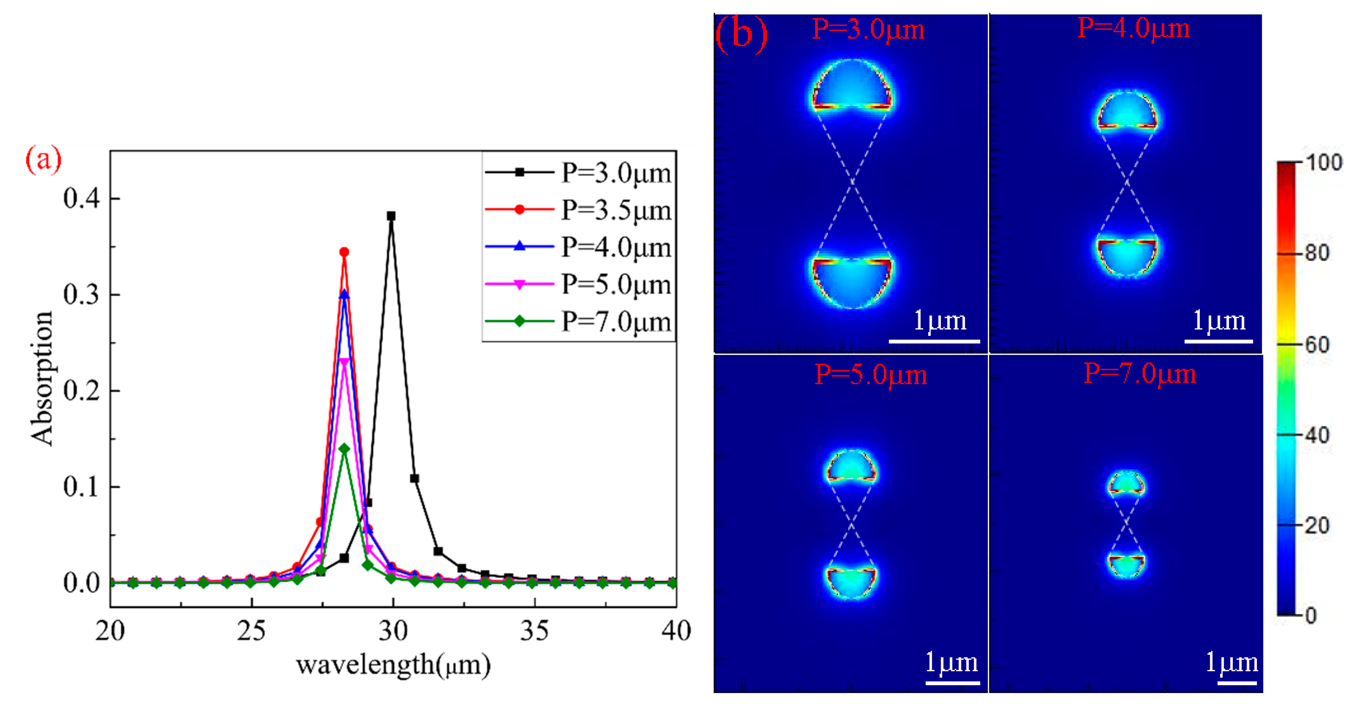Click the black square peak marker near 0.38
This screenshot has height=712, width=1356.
(391, 216)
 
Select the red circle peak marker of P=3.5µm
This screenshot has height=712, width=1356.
(344, 252)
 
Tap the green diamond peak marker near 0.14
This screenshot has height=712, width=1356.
(344, 448)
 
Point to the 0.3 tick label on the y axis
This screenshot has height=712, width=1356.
(81, 295)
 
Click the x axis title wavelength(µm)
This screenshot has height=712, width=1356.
(393, 665)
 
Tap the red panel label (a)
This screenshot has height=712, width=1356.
(43, 158)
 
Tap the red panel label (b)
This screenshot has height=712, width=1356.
(741, 34)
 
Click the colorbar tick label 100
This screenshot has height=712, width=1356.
(1323, 163)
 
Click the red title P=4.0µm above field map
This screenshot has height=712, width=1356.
(1133, 28)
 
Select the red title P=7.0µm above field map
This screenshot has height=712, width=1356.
(1139, 374)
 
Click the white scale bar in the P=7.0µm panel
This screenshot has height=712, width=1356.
(1237, 683)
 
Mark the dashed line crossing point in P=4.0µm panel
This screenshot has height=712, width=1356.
(1126, 182)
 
